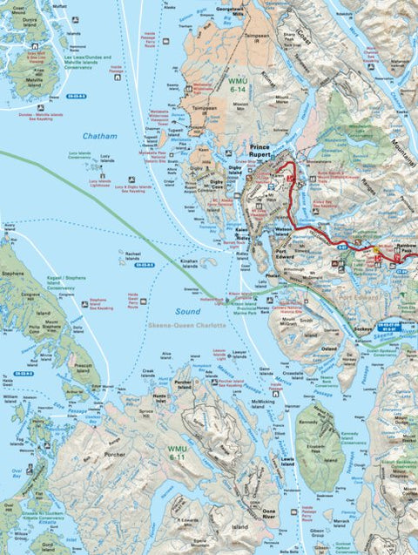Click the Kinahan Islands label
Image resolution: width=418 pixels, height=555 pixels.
190,261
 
